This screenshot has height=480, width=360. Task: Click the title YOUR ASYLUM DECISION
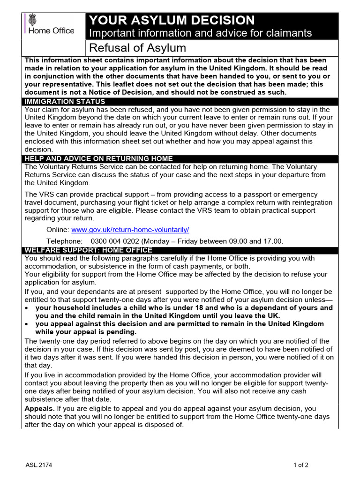(x=172, y=20)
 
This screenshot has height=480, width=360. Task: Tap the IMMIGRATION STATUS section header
(x=65, y=102)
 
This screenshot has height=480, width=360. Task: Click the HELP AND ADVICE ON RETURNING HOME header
(x=98, y=158)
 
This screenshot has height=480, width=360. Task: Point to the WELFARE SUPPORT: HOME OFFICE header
(x=88, y=250)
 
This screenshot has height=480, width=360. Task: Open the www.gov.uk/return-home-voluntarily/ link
(x=130, y=230)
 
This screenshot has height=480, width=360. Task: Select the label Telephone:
(x=64, y=241)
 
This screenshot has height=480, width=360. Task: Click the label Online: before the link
(x=57, y=230)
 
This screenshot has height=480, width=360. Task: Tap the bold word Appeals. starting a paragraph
(x=39, y=409)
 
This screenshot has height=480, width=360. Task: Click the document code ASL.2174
(x=39, y=465)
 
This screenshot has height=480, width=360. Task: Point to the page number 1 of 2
(x=300, y=465)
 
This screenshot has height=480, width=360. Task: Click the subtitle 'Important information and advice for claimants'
(x=200, y=33)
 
